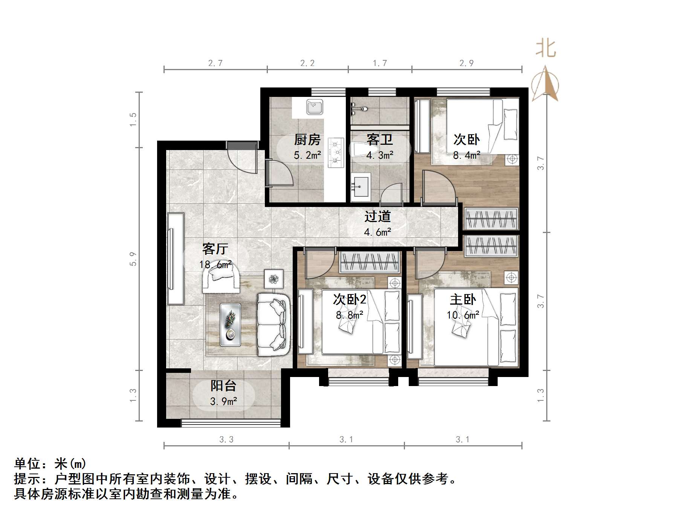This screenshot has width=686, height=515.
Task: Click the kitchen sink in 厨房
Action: (314, 107)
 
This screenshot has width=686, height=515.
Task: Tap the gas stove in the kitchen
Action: (336, 153)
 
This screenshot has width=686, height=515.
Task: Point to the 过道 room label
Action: (377, 216)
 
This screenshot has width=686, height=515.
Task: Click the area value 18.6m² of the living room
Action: (215, 264)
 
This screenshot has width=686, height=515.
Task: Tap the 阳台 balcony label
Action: (223, 385)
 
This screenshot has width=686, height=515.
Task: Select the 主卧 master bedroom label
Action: (463, 300)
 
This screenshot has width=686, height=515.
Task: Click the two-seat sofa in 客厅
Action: (273, 323)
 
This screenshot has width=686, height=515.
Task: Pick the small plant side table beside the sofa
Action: (274, 279)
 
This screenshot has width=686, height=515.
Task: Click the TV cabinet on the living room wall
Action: (176, 259)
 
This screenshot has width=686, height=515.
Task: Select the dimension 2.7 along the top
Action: (215, 63)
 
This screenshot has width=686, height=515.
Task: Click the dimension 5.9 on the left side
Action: (133, 259)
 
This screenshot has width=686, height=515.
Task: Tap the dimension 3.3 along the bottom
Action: (226, 439)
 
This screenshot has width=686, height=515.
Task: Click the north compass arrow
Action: (545, 85)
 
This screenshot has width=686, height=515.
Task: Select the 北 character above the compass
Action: (546, 49)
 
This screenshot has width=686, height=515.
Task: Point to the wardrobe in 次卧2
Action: (369, 262)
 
